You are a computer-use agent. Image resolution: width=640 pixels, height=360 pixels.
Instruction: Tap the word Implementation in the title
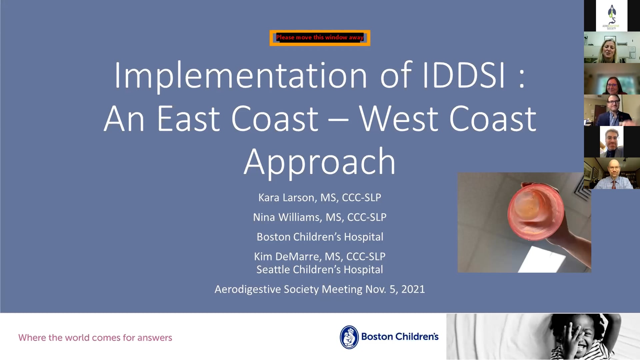pyautogui.click(x=241, y=76)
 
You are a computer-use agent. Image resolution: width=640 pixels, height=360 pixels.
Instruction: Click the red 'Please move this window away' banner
pyautogui.click(x=320, y=38)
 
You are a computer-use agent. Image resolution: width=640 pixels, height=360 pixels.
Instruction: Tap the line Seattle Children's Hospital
pyautogui.click(x=320, y=270)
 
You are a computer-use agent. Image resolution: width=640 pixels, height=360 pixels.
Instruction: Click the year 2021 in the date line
pyautogui.click(x=413, y=289)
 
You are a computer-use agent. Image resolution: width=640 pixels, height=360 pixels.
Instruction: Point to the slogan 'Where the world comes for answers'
pyautogui.click(x=95, y=338)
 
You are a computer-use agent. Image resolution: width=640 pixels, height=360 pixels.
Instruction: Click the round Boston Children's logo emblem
pyautogui.click(x=349, y=337)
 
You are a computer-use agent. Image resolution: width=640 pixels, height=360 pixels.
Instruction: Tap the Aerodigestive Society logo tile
pyautogui.click(x=612, y=16)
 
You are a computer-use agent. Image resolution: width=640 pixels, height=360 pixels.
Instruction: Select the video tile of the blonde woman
pyautogui.click(x=612, y=47)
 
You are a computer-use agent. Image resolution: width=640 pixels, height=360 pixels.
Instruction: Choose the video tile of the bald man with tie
pyautogui.click(x=612, y=173)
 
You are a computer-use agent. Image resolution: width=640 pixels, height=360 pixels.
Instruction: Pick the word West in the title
pyautogui.click(x=399, y=119)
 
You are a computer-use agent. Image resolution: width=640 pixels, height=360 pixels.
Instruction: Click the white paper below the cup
pyautogui.click(x=542, y=260)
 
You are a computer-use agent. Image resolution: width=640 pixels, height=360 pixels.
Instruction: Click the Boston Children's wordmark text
pyautogui.click(x=400, y=337)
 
